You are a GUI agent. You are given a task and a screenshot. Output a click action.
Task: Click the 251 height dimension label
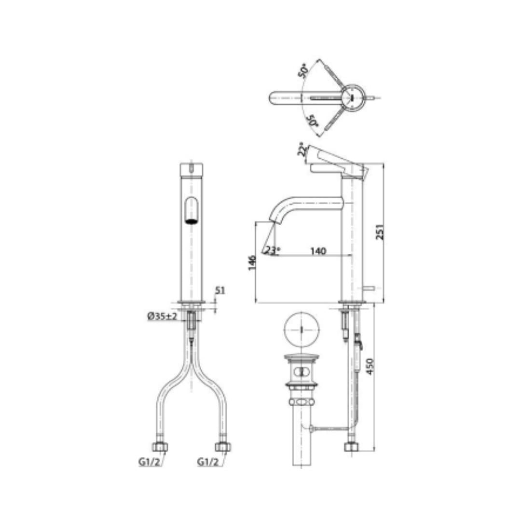(380, 232)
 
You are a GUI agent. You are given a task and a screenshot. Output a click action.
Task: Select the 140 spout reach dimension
(318, 251)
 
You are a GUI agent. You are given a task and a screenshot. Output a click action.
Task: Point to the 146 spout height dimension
(252, 262)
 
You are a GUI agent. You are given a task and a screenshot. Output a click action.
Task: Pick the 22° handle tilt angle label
(302, 150)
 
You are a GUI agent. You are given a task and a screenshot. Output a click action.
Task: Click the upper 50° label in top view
(303, 71)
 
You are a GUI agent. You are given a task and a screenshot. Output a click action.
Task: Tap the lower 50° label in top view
(312, 121)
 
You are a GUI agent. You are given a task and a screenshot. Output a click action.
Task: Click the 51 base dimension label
(220, 290)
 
